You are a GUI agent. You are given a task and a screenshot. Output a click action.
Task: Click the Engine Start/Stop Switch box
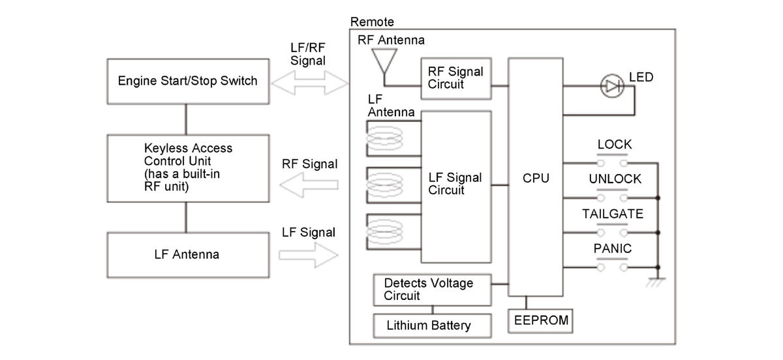click(187, 82)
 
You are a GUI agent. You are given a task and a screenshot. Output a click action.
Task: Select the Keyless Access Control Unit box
click(187, 168)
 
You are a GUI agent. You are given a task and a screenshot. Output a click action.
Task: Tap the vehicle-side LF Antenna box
click(187, 254)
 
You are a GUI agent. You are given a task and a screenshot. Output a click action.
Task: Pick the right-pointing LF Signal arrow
click(308, 255)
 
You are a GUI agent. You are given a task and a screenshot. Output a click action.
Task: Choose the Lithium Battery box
click(428, 325)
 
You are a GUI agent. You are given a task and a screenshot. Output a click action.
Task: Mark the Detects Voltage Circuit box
click(431, 290)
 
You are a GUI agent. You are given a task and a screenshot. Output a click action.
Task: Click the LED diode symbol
click(611, 86)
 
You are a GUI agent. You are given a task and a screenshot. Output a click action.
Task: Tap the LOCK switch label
click(615, 145)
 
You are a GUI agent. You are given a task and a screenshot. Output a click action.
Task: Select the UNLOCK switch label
click(615, 179)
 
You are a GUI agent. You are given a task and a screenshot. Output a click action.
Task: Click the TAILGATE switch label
click(613, 214)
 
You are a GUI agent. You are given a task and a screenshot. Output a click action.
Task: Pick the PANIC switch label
click(613, 248)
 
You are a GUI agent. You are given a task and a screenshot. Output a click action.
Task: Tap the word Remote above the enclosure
click(372, 22)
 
